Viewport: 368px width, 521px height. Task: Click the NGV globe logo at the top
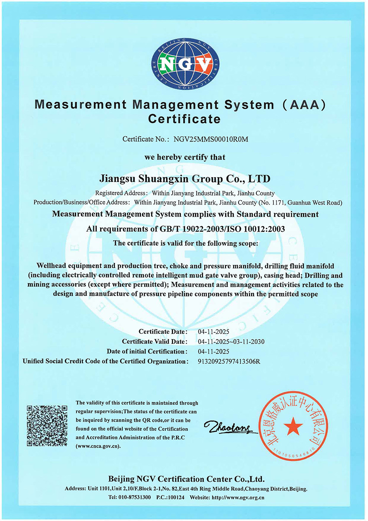(x=185, y=64)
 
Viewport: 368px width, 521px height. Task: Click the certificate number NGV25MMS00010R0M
(x=211, y=139)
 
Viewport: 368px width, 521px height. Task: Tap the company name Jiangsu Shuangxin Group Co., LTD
(x=185, y=179)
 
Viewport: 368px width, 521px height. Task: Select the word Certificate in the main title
(x=184, y=119)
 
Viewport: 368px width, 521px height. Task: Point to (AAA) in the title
(x=304, y=105)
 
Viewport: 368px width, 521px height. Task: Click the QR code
(x=47, y=426)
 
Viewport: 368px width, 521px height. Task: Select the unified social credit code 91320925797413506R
(x=229, y=361)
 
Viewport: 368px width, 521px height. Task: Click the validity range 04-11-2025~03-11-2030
(x=231, y=342)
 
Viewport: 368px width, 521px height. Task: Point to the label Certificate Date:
(x=163, y=332)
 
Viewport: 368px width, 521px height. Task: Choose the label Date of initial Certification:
(x=147, y=351)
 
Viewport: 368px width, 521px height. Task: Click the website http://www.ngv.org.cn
(x=238, y=498)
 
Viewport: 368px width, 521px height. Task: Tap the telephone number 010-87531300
(x=135, y=498)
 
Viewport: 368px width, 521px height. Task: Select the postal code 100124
(x=176, y=498)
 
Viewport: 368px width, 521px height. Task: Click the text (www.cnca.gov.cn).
(x=98, y=446)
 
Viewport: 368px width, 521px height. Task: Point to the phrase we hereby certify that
(x=185, y=157)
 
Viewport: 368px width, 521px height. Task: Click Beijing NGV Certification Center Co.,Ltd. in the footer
(x=186, y=479)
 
